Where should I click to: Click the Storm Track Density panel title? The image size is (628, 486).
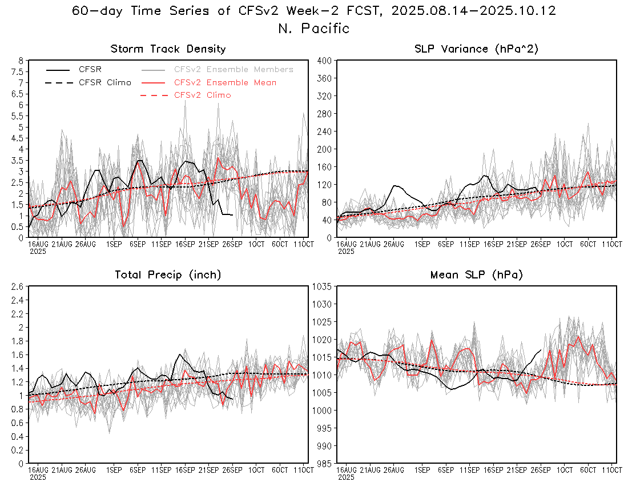[x=168, y=49]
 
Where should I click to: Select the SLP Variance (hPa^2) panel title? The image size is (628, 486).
[x=476, y=49]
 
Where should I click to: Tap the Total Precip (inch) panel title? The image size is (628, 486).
[x=168, y=275]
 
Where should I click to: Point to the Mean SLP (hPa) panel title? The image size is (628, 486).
[x=476, y=275]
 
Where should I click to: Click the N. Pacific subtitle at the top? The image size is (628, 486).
[x=313, y=28]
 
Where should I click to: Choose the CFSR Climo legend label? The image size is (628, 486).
[x=104, y=82]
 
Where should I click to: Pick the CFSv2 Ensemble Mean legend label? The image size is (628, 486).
[x=225, y=82]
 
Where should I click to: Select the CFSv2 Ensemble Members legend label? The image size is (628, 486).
[x=234, y=70]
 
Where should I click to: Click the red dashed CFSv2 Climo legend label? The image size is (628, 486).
[x=202, y=95]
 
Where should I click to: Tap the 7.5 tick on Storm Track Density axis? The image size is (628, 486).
[x=18, y=71]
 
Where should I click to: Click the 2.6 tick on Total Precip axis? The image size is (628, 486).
[x=18, y=286]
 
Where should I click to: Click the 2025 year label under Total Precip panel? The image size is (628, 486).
[x=38, y=476]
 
